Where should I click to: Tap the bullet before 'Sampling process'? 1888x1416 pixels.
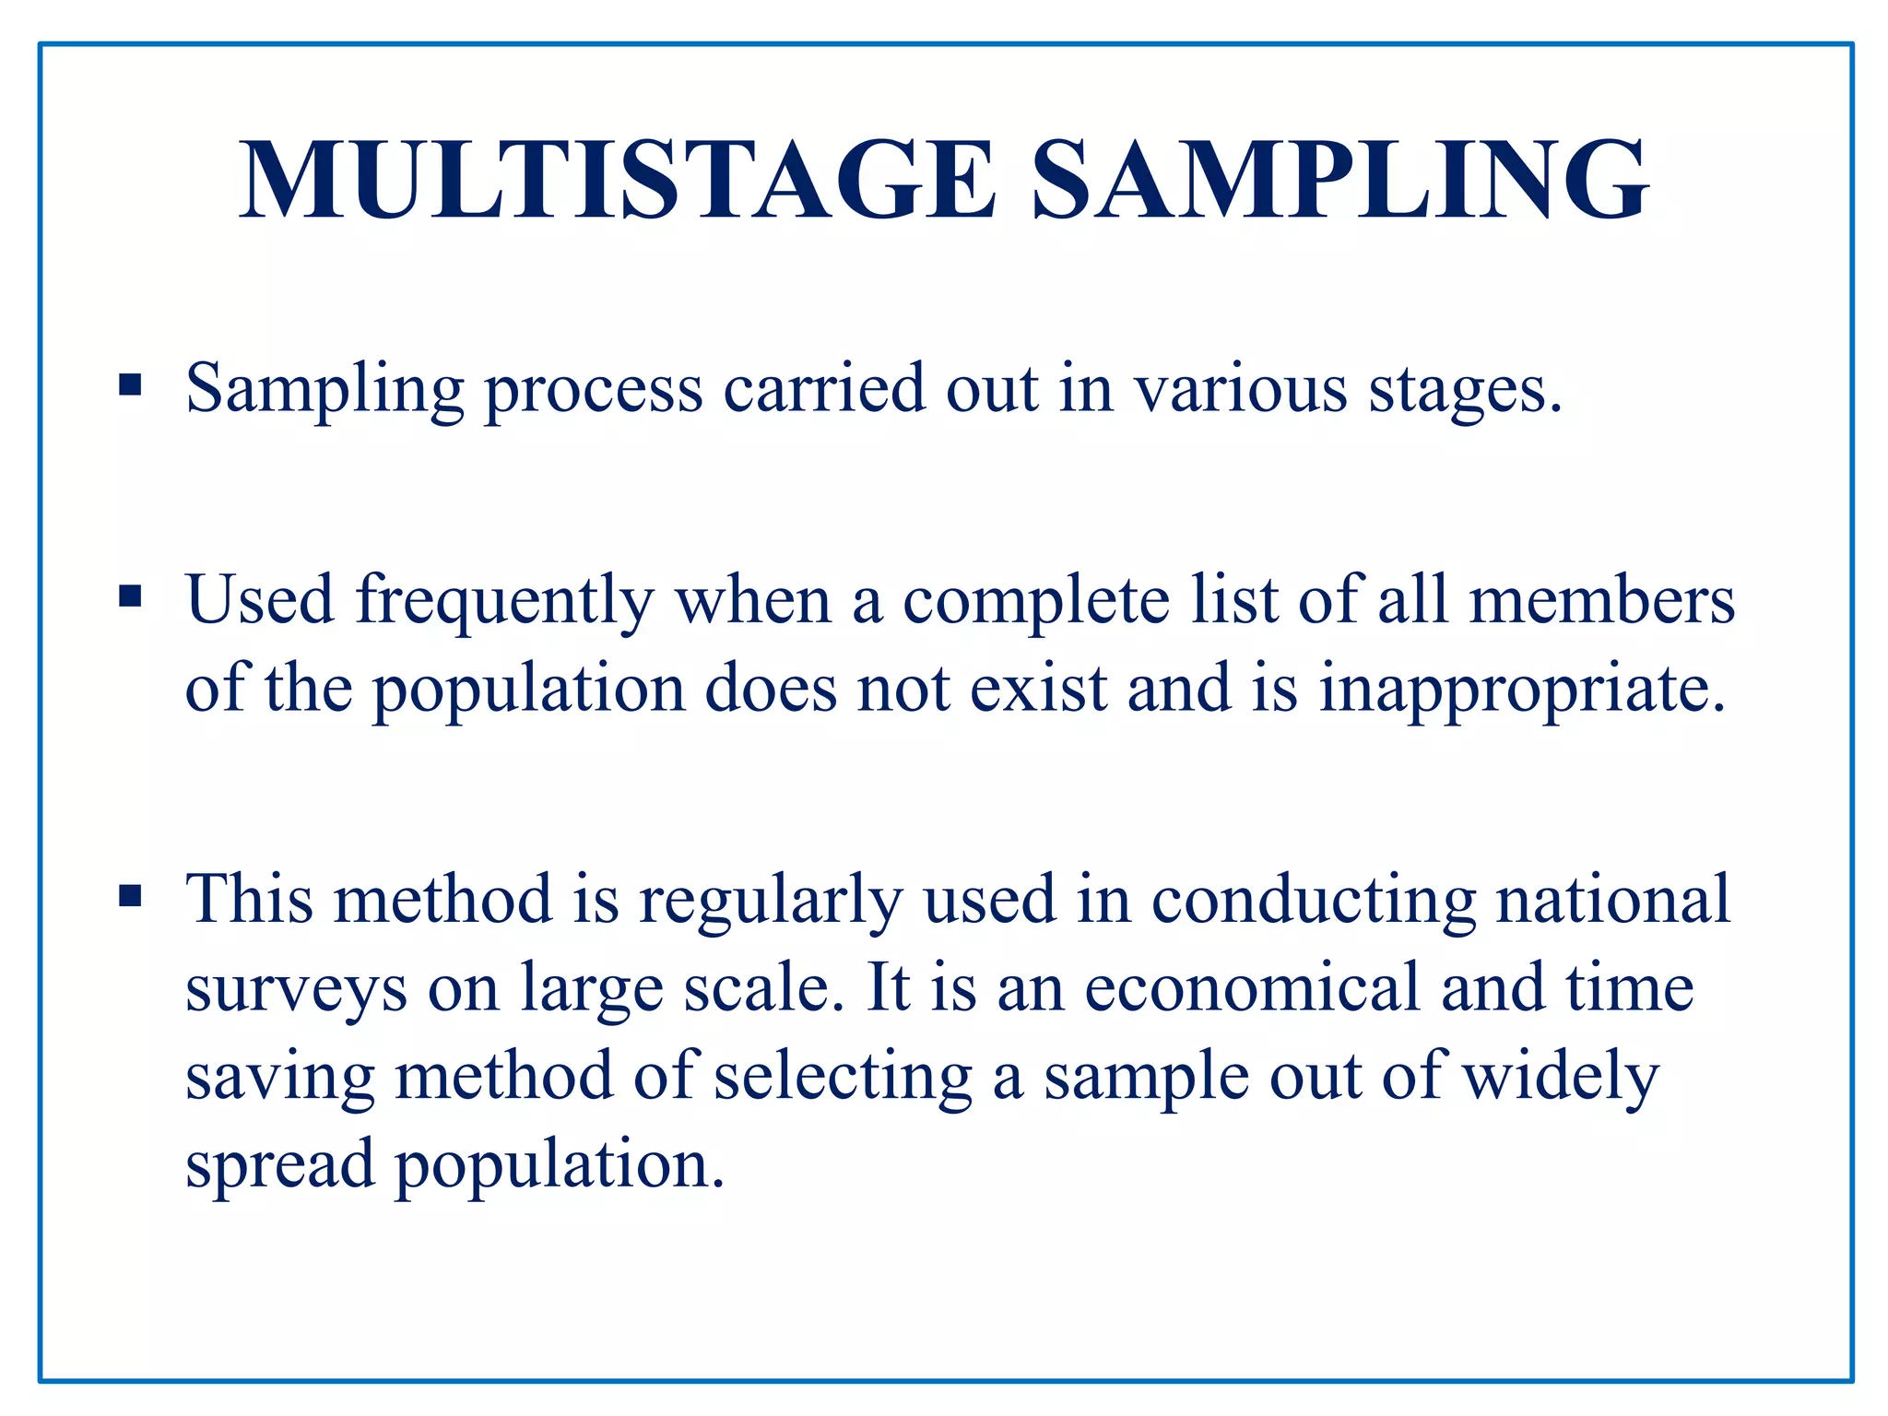point(130,383)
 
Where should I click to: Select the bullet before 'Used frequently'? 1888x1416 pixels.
point(130,596)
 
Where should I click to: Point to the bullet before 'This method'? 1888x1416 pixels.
point(130,895)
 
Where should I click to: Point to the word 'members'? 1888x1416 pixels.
point(1602,599)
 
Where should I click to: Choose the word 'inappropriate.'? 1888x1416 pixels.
point(1522,690)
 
